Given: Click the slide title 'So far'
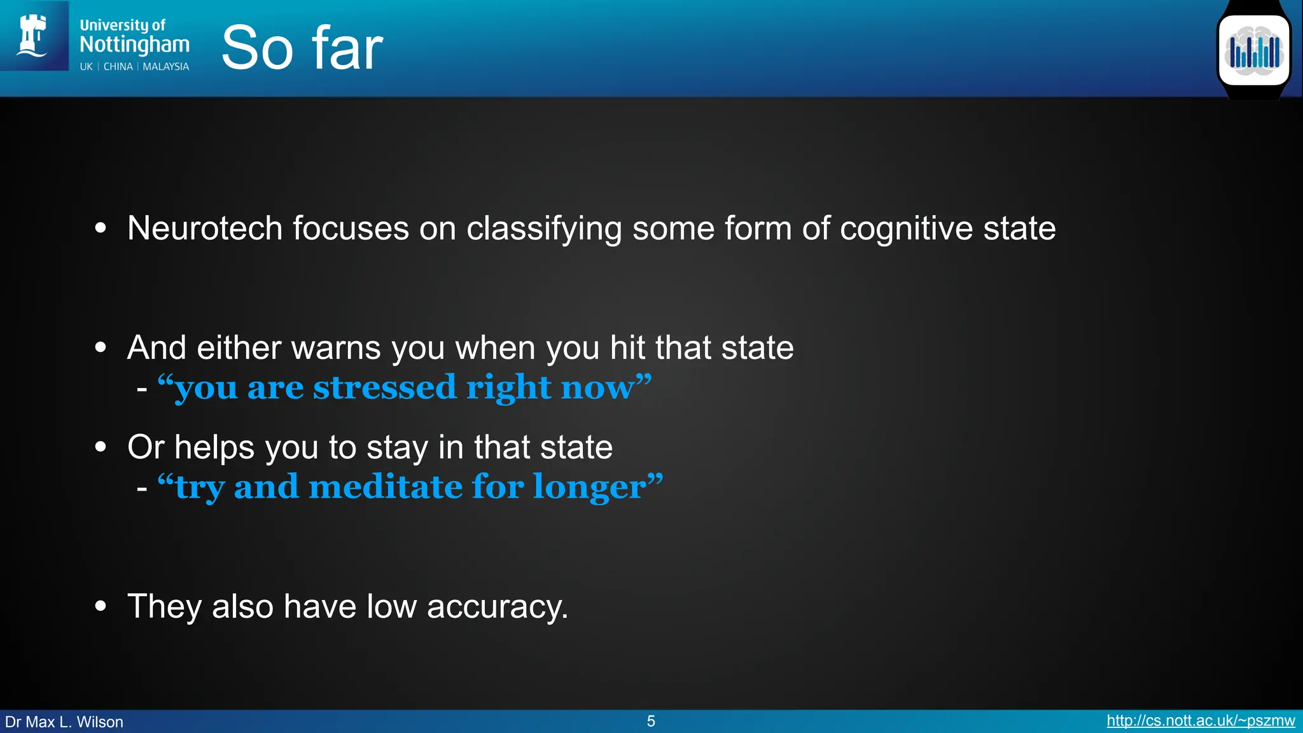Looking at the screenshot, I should pyautogui.click(x=302, y=48).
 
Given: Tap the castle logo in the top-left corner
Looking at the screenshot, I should pyautogui.click(x=33, y=36).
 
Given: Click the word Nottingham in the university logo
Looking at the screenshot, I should pyautogui.click(x=134, y=45).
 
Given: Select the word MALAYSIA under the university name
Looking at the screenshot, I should pyautogui.click(x=165, y=67).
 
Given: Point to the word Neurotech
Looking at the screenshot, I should pyautogui.click(x=204, y=228).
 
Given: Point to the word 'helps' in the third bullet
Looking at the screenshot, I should pyautogui.click(x=215, y=447).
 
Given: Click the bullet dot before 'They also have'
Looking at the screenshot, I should pyautogui.click(x=101, y=606).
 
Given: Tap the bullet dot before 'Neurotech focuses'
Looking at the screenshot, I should pyautogui.click(x=101, y=228).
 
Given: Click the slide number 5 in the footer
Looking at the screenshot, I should pyautogui.click(x=651, y=721).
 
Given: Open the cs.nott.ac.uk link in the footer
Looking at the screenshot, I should pyautogui.click(x=1201, y=721).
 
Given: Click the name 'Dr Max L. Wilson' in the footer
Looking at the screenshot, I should pyautogui.click(x=64, y=722).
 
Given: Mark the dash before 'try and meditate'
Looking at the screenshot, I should pyautogui.click(x=142, y=489).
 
